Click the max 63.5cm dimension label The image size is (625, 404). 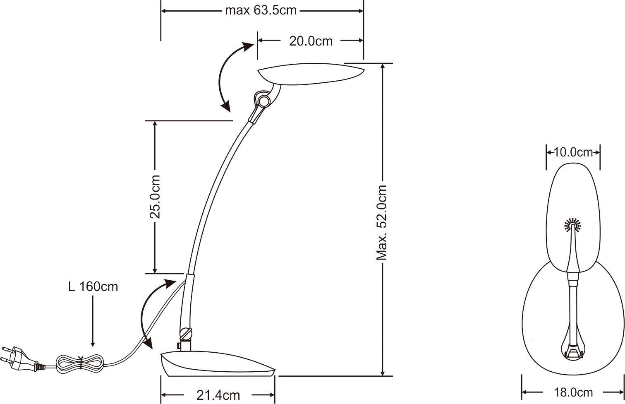(x=261, y=11)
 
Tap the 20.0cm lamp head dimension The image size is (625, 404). (x=311, y=41)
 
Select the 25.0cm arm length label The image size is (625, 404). (x=155, y=197)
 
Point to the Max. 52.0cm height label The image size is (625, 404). (x=381, y=223)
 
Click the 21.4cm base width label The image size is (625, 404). (x=218, y=395)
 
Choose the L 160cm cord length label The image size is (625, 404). (x=93, y=287)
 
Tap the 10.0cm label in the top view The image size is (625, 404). (x=573, y=152)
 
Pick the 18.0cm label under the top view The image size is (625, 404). (x=573, y=392)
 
